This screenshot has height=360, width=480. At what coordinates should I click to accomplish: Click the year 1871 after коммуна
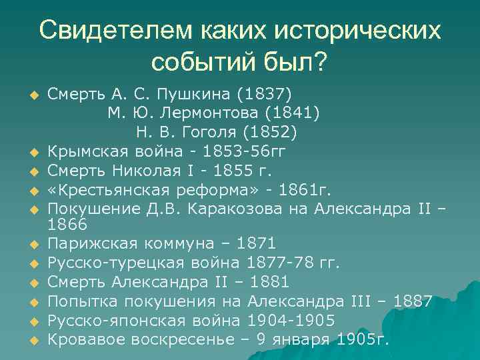[256, 243]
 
